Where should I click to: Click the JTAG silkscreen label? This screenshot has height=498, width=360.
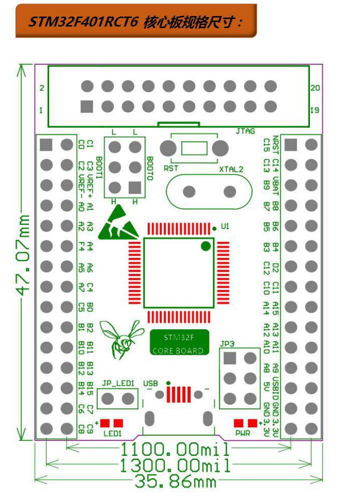245,131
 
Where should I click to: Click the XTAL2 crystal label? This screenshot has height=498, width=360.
231,169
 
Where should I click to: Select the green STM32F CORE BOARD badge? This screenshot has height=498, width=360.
179,343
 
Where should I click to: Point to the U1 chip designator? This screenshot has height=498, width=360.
225,227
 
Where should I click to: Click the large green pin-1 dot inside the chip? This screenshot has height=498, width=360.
205,246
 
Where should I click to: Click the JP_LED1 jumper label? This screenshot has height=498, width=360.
118,383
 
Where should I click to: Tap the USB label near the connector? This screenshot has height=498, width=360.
150,383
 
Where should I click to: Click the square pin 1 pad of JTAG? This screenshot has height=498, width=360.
87,107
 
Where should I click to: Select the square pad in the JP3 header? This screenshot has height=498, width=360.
230,358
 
